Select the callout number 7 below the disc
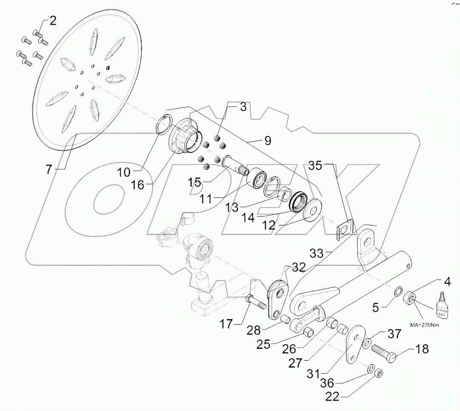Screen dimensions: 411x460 pyautogui.click(x=49, y=169)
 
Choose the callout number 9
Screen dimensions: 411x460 pyautogui.click(x=267, y=140)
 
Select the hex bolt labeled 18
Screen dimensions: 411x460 pyautogui.click(x=384, y=353)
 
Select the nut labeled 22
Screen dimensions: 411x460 pyautogui.click(x=378, y=373)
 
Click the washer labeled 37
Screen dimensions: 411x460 pyautogui.click(x=366, y=342)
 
